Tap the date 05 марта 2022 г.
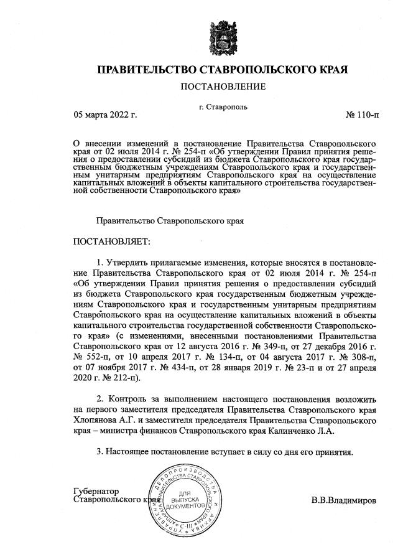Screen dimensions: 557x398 (x=105, y=115)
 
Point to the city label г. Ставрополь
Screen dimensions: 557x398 (x=223, y=106)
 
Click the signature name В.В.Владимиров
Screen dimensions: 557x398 (x=343, y=499)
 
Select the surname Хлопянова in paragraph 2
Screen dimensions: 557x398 (x=96, y=419)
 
